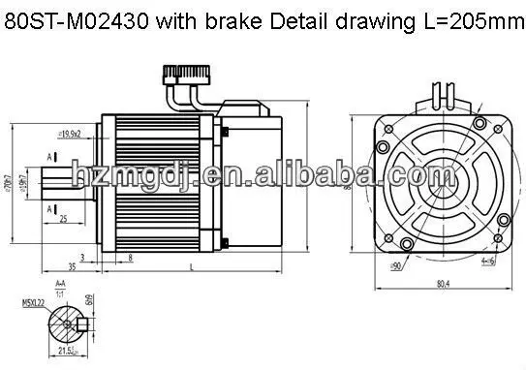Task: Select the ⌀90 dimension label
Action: pyautogui.click(x=395, y=264)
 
